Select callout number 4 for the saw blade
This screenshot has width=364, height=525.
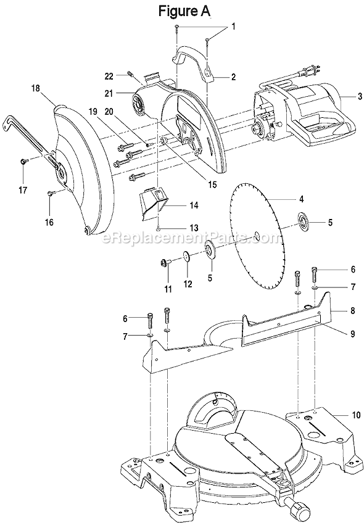[x=300, y=199]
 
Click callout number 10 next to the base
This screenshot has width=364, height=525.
[x=356, y=415]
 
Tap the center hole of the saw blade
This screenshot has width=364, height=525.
[x=255, y=235]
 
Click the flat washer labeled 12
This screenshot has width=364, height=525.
[x=186, y=257]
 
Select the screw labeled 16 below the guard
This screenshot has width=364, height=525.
[x=51, y=193]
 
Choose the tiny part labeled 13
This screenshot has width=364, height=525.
[x=159, y=228]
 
